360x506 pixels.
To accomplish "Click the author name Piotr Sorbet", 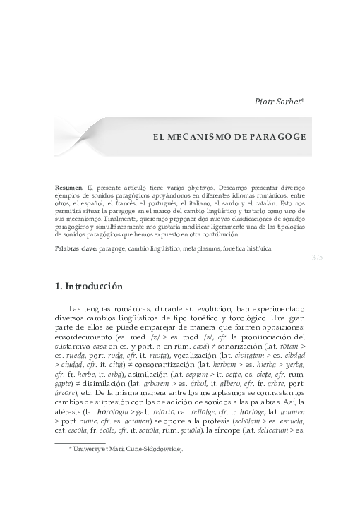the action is (x=278, y=102).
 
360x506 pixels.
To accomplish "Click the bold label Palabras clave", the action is (x=76, y=249).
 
